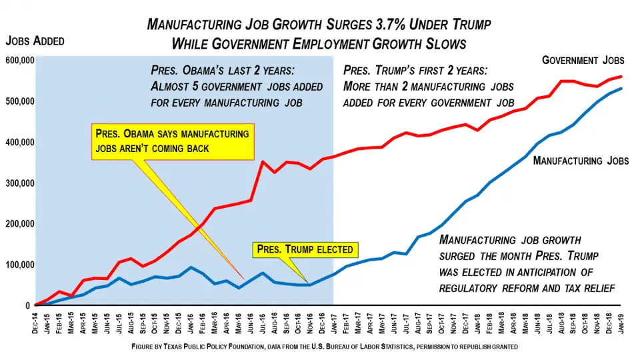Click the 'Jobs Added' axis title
[x=35, y=41]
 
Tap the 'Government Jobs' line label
[x=583, y=60]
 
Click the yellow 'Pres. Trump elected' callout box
[x=306, y=250]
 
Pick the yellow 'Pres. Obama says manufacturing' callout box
[x=173, y=141]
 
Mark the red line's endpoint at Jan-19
[x=622, y=77]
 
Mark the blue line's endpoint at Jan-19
[x=622, y=89]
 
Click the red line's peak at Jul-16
[x=263, y=161]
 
